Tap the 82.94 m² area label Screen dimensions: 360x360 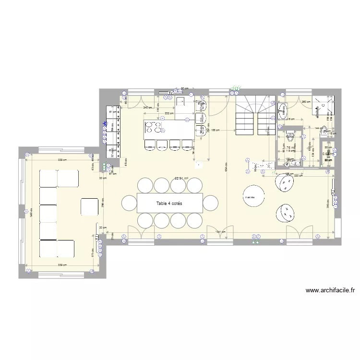point(181,178)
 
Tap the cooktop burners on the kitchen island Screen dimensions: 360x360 point(153,128)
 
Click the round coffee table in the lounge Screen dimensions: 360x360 point(252,195)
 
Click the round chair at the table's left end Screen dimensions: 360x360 point(129,203)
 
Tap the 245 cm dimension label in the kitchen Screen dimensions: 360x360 point(147,108)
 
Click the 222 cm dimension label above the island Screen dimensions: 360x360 point(169,113)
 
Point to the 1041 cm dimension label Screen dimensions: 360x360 point(219,232)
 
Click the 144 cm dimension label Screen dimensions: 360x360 point(317,128)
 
